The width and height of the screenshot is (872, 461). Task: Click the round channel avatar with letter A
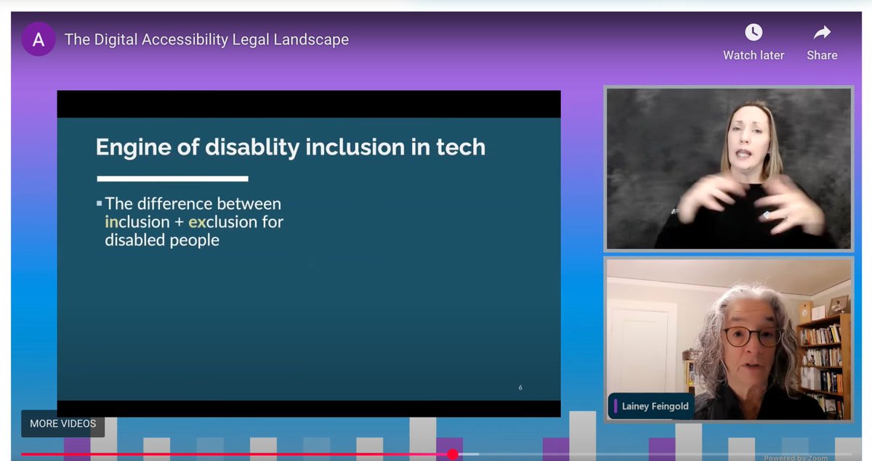point(38,39)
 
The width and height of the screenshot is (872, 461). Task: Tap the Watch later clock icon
point(754,33)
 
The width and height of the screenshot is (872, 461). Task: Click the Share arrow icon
point(822,33)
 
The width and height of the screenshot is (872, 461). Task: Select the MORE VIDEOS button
point(62,423)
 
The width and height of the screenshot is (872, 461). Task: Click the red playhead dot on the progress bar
point(453,454)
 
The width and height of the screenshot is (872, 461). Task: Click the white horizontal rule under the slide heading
point(173,178)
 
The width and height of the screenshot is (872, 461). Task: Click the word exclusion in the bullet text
point(220,221)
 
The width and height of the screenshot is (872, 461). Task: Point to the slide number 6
point(520,388)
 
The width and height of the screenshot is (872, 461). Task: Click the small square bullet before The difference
point(100,204)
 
